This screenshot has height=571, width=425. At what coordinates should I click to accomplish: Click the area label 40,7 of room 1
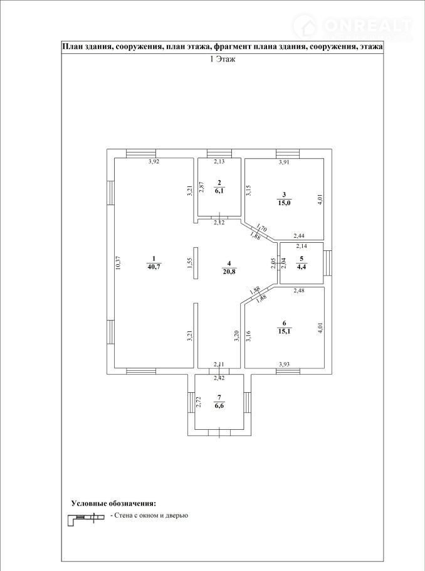[x=154, y=266]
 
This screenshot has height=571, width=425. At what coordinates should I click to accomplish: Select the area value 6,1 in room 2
[x=219, y=190]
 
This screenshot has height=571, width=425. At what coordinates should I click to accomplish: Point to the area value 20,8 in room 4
[x=229, y=271]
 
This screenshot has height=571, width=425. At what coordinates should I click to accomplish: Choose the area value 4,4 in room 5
[x=302, y=267]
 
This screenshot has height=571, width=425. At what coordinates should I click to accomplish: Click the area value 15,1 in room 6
[x=284, y=331]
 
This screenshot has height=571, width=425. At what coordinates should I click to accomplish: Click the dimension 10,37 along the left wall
[x=117, y=263]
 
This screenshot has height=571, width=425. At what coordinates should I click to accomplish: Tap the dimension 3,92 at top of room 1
[x=154, y=162]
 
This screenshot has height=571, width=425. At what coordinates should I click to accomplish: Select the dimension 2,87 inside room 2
[x=201, y=186]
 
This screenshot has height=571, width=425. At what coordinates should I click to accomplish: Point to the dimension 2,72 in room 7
[x=198, y=402]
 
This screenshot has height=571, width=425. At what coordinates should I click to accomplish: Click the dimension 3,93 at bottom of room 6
[x=285, y=364]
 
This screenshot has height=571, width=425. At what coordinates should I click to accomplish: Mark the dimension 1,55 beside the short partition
[x=189, y=264]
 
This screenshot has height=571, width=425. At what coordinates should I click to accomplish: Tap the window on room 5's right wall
[x=328, y=263]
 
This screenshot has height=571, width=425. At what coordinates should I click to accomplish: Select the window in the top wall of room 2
[x=219, y=154]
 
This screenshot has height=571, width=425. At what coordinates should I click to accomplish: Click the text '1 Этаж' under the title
[x=223, y=60]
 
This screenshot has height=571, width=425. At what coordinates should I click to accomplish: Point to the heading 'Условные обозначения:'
[x=114, y=504]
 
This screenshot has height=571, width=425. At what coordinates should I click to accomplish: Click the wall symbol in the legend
[x=87, y=518]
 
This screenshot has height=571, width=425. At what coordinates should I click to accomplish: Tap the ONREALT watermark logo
[x=352, y=26]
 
